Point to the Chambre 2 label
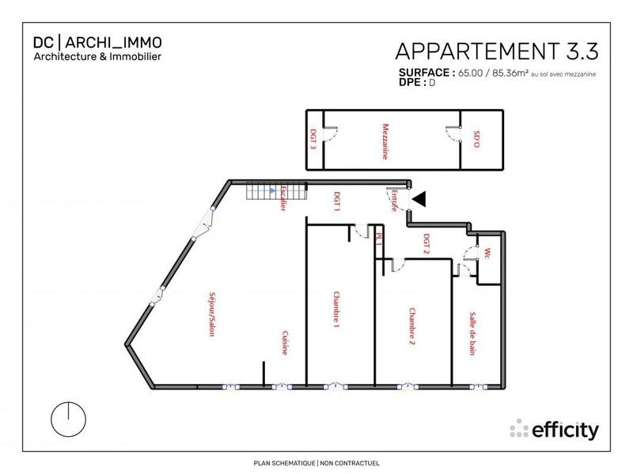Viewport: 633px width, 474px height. pos(411,327)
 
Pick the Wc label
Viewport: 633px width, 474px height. pos(488,254)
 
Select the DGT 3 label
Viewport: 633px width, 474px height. pos(313,141)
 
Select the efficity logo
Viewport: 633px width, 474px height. pos(554,429)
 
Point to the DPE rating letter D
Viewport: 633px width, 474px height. pos(432,82)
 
